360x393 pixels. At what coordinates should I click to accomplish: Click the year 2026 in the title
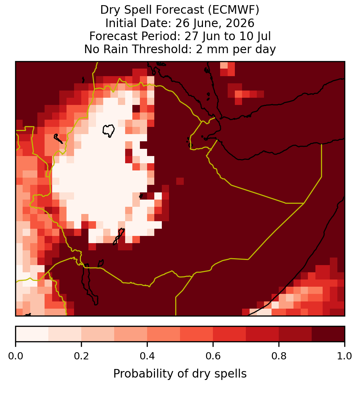(x=240, y=23)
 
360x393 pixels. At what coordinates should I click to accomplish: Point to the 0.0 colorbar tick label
(x=16, y=356)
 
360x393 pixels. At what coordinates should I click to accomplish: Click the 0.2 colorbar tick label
(x=81, y=356)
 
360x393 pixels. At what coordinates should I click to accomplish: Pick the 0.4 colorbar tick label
(x=147, y=356)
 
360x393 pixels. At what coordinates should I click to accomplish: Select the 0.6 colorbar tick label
(x=213, y=356)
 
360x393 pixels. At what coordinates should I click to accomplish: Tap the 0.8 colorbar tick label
(x=279, y=356)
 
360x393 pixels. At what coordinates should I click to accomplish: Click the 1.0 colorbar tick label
(x=345, y=356)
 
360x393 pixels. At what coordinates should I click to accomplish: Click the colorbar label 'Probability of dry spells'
(x=180, y=374)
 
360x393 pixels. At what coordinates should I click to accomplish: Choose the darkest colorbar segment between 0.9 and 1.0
(x=328, y=334)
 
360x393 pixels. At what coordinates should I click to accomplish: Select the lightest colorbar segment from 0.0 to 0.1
(x=32, y=334)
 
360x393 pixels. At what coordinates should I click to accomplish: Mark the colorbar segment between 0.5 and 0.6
(x=197, y=334)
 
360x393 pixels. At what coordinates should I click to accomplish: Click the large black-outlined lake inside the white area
(x=108, y=131)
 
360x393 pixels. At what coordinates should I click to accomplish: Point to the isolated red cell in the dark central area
(x=180, y=181)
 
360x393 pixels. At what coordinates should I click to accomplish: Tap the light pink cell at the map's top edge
(x=224, y=65)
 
